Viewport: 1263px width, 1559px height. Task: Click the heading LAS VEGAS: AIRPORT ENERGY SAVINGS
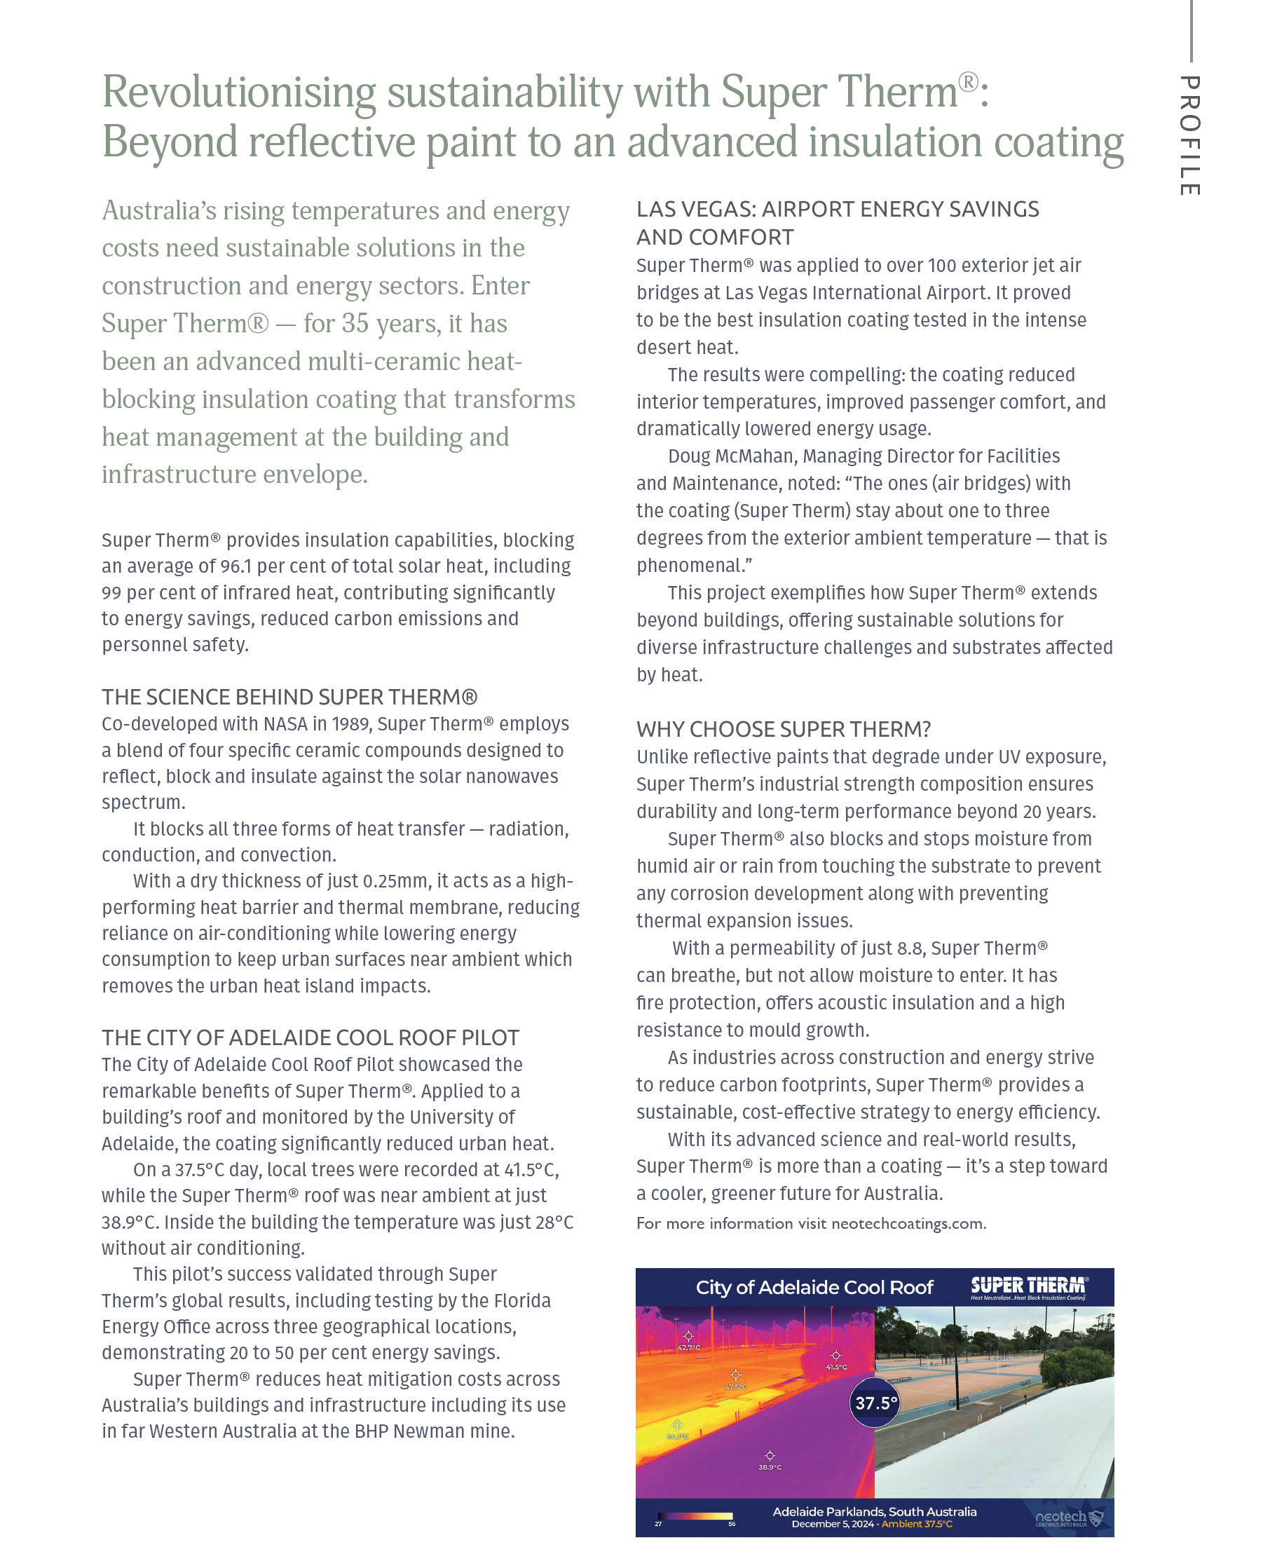point(837,210)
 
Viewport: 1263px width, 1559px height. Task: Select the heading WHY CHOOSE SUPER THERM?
point(783,729)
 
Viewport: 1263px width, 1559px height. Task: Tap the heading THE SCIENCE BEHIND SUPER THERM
point(289,697)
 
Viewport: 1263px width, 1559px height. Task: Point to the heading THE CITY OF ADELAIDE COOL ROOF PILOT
point(310,1037)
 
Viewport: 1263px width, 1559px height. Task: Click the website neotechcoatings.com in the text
point(907,1224)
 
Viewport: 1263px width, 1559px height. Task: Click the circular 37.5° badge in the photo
point(875,1403)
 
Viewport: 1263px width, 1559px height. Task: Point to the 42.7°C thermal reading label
point(688,1348)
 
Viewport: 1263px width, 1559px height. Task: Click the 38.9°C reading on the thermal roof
point(769,1467)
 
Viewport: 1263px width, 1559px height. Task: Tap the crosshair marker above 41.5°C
point(836,1355)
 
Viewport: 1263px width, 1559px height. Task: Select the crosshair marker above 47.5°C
point(735,1374)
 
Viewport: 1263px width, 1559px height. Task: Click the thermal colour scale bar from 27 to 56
point(695,1517)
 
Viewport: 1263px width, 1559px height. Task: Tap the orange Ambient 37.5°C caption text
point(916,1524)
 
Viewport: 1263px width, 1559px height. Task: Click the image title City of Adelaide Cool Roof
point(814,1288)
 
